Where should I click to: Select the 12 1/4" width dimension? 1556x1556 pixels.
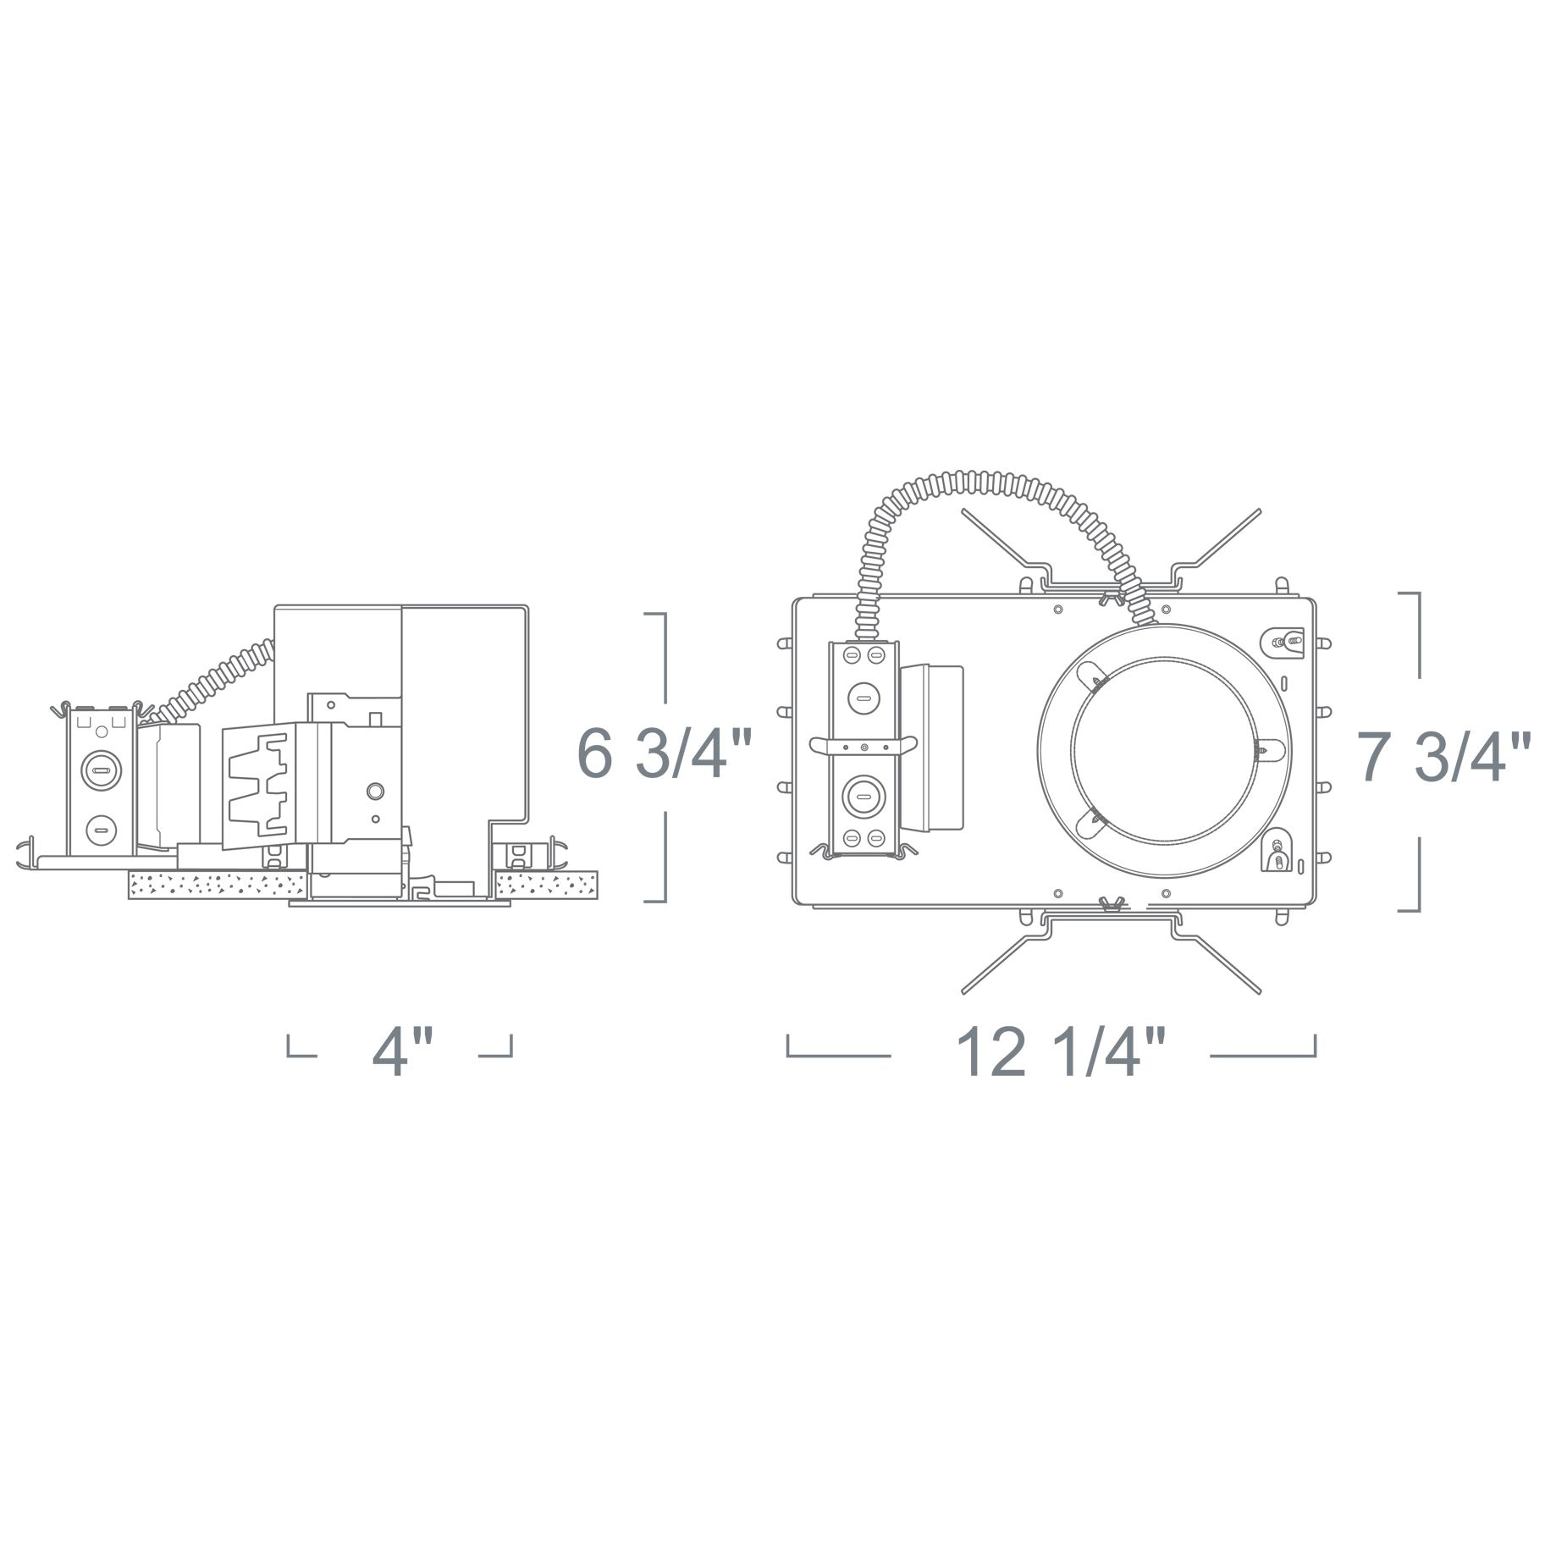tap(1062, 1053)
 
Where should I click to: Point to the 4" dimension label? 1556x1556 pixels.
tap(401, 1053)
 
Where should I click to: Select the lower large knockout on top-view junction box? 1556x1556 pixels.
tap(863, 797)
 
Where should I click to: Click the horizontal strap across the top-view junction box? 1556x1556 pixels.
tap(863, 745)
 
